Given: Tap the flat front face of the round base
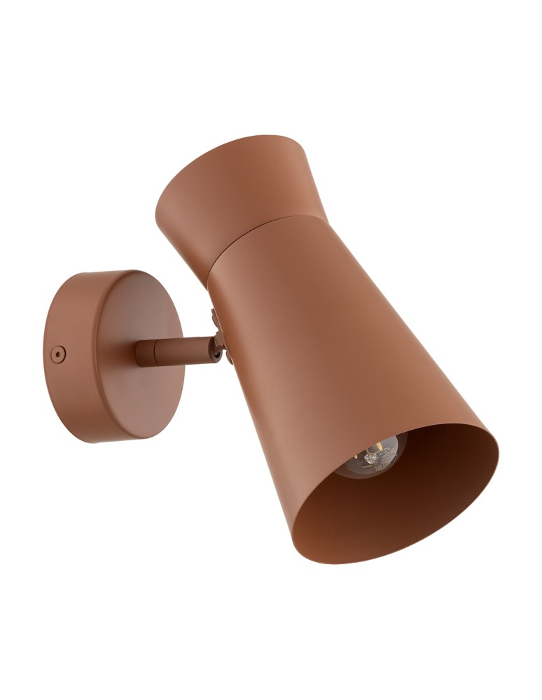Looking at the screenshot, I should pos(140,350).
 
